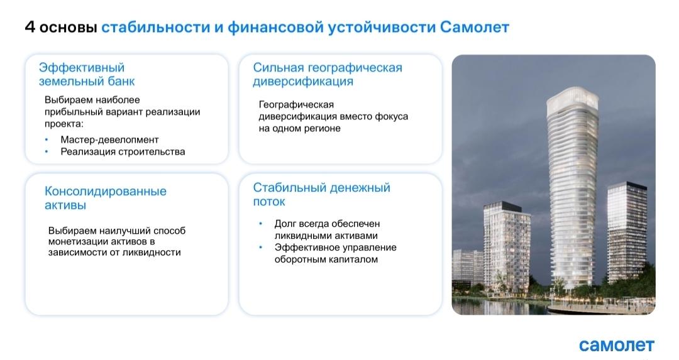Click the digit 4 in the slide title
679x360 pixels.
30,27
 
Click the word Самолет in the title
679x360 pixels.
474,27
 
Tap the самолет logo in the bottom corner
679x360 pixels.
616,345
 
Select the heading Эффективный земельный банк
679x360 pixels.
87,74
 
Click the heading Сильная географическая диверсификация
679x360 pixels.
328,74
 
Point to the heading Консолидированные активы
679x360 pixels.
105,198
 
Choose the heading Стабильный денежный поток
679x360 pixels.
321,194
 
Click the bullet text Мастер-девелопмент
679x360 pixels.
109,139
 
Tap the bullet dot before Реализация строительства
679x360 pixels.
47,151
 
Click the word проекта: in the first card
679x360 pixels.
63,124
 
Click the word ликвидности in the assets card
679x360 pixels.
152,253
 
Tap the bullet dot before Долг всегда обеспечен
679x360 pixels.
261,224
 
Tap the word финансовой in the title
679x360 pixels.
275,27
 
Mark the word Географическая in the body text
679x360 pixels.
296,105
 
